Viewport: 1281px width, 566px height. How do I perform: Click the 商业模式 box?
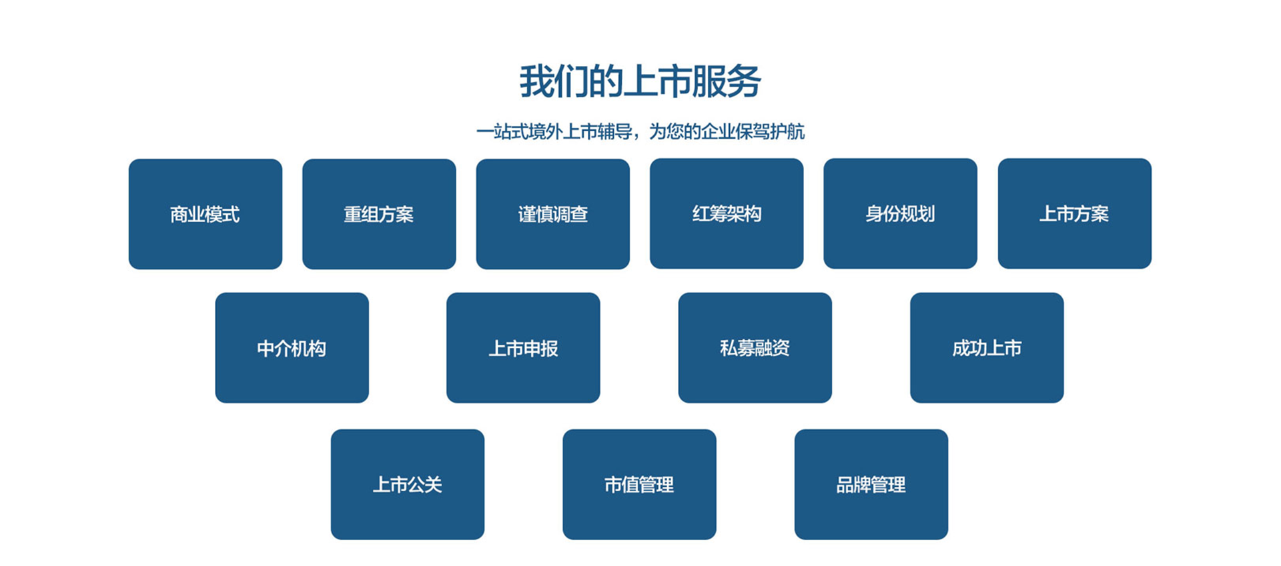tap(205, 214)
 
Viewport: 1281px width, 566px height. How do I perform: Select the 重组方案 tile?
tap(379, 214)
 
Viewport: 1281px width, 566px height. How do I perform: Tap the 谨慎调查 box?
tap(553, 214)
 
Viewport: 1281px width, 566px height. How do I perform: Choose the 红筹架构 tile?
tap(727, 213)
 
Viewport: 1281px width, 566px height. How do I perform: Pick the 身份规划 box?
tap(901, 213)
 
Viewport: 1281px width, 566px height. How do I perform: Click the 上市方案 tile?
tap(1075, 213)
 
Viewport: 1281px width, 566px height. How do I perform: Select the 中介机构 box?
tap(292, 348)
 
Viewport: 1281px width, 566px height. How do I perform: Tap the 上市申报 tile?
tap(523, 348)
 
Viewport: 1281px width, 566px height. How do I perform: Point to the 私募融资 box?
tap(755, 348)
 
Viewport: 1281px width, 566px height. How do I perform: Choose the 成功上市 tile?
tap(987, 348)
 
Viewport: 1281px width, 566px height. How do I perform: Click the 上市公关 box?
tap(408, 485)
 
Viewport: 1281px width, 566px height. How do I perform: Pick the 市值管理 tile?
tap(639, 485)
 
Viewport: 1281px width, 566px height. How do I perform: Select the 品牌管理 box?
tap(871, 485)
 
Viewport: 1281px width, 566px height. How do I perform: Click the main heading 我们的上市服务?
tap(640, 81)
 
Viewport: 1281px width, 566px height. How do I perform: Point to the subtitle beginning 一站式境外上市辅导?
tap(640, 131)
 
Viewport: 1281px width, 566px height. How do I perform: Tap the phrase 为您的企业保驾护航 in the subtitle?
tap(727, 131)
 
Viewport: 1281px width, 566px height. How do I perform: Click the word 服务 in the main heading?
tap(727, 81)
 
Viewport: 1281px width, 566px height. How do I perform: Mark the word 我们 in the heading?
tap(553, 81)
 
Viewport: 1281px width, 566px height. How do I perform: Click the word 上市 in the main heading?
tap(657, 81)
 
